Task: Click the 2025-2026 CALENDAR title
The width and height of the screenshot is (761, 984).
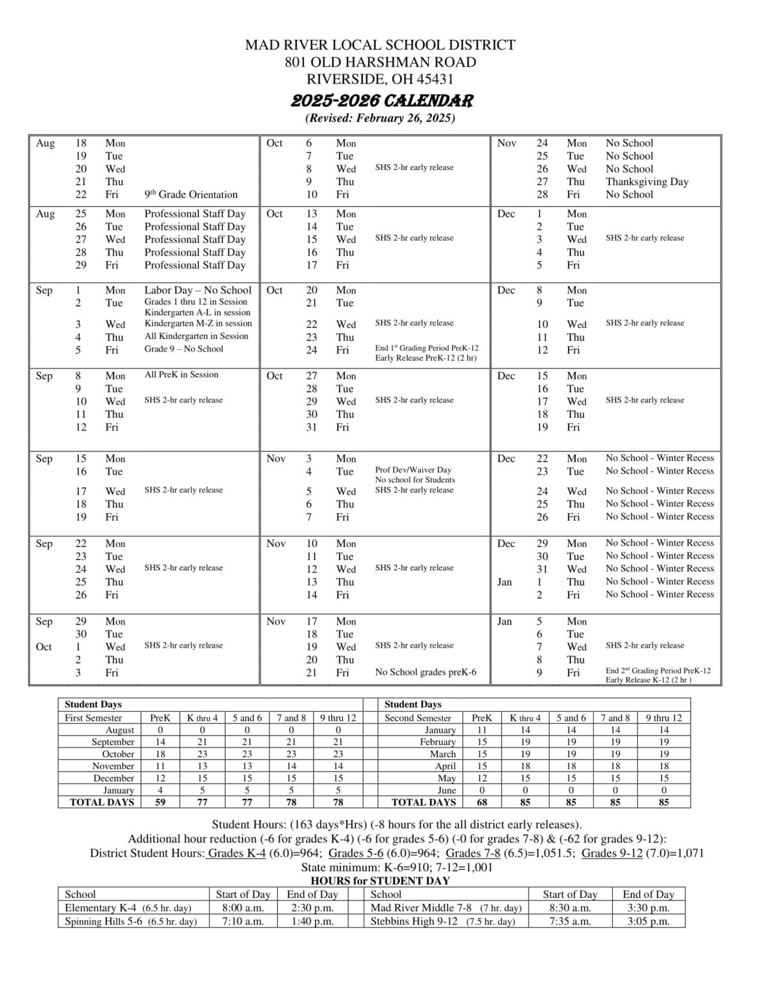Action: [382, 101]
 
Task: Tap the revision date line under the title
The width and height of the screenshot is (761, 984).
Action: [380, 119]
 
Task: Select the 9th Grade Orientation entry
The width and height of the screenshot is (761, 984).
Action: [190, 195]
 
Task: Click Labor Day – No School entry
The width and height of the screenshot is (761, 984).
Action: [197, 290]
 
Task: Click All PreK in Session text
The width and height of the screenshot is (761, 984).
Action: [181, 375]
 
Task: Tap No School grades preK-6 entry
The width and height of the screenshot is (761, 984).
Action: [425, 673]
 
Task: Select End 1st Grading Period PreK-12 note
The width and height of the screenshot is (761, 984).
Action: [426, 348]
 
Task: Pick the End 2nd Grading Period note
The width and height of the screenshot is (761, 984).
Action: [658, 671]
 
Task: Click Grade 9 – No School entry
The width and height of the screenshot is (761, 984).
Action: [183, 349]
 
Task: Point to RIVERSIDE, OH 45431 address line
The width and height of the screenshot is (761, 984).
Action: [380, 79]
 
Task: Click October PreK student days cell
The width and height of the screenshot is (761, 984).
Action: [160, 754]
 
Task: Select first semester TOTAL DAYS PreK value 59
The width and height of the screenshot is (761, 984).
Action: [160, 802]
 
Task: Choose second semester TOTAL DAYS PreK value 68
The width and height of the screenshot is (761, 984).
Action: [481, 802]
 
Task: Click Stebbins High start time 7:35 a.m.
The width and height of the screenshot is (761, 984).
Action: [569, 921]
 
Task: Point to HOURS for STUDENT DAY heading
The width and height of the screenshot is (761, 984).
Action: [380, 881]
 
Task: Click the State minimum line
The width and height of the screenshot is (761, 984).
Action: [397, 867]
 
